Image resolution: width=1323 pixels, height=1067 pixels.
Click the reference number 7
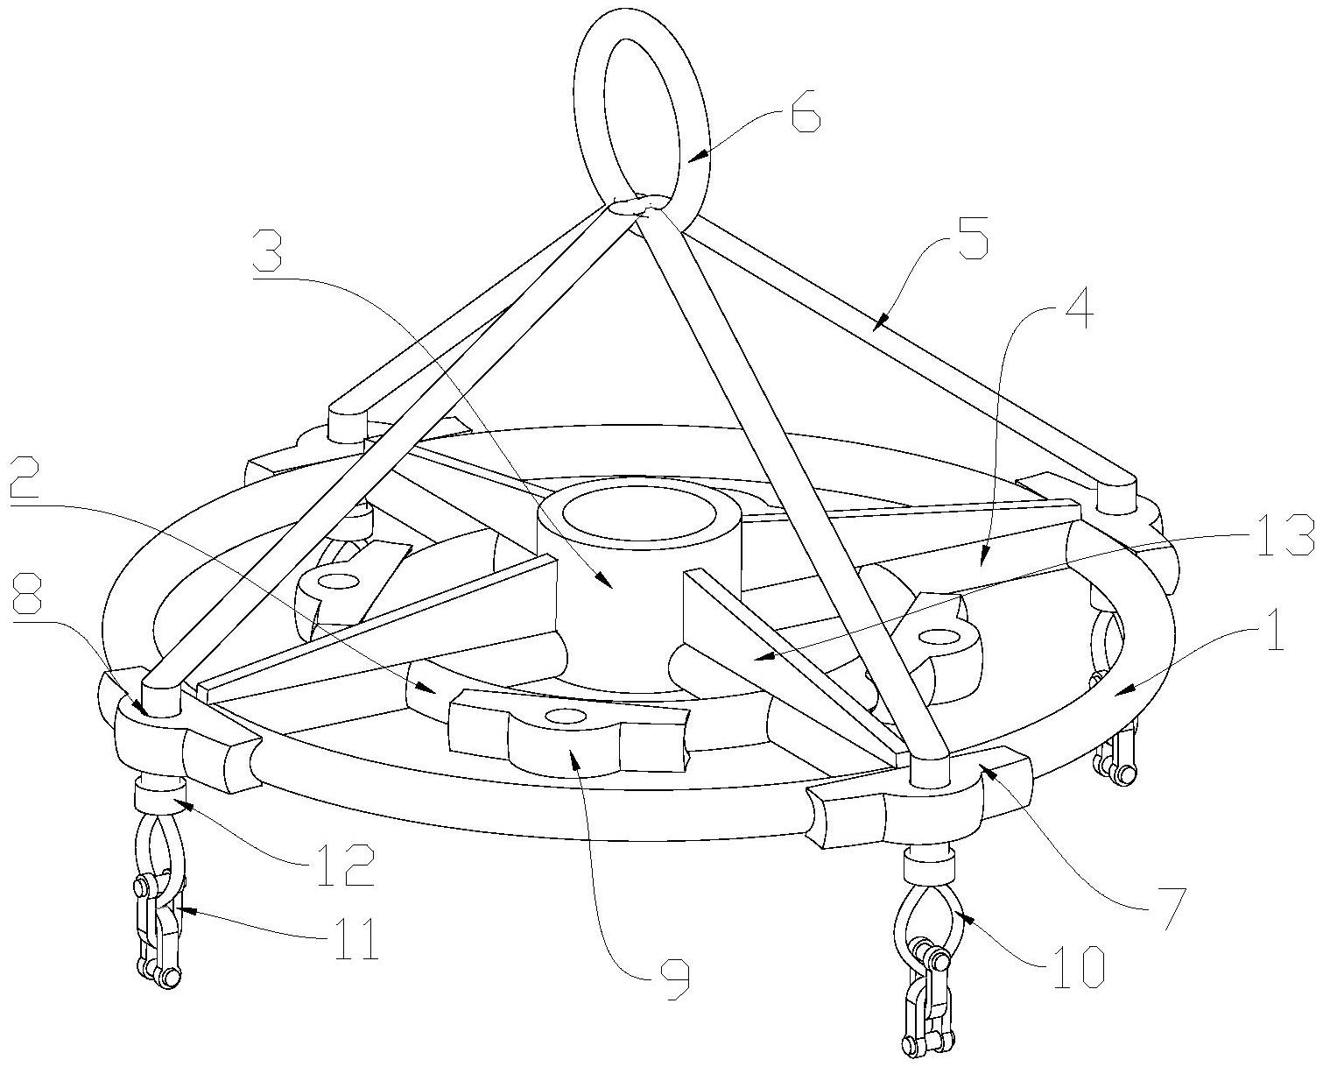pyautogui.click(x=1166, y=905)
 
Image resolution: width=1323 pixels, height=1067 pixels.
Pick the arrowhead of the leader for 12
pyautogui.click(x=185, y=802)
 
